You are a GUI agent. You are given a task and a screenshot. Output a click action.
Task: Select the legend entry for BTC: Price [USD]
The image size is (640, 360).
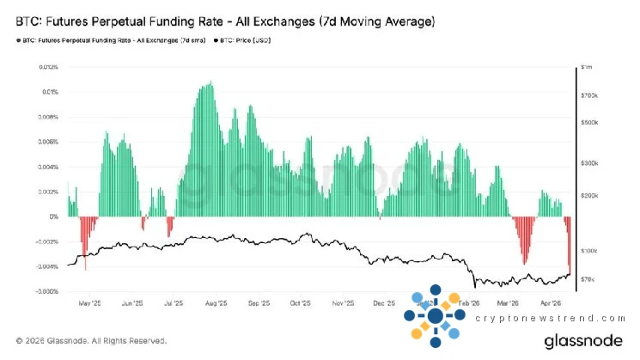(244, 40)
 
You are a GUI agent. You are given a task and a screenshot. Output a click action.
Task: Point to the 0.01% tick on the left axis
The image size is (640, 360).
(48, 91)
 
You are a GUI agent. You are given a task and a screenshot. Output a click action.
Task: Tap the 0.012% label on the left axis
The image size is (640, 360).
(46, 66)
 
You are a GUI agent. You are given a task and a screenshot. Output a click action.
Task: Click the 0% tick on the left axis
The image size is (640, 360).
(52, 217)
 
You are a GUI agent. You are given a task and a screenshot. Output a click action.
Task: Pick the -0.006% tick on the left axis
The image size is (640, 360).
(46, 291)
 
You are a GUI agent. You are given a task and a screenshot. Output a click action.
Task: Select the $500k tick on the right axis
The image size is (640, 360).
(588, 122)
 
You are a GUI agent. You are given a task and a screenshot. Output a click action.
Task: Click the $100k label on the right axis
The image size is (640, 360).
(588, 250)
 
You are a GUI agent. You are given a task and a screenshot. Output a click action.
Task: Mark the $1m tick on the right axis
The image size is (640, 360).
(586, 66)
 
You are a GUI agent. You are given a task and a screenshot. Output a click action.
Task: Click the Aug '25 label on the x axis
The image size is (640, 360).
(215, 303)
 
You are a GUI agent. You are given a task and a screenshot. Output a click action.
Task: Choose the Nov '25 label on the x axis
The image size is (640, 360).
(343, 303)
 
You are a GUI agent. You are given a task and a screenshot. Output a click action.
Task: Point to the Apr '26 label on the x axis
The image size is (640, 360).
(550, 303)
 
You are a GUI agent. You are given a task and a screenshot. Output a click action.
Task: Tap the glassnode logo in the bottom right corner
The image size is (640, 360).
(584, 341)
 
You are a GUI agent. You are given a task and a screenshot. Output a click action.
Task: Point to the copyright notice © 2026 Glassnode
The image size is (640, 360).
(86, 340)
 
